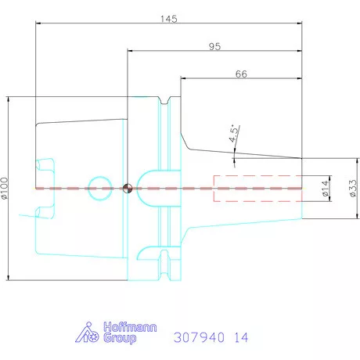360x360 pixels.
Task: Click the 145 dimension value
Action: pyautogui.click(x=169, y=19)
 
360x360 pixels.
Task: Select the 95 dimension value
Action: pyautogui.click(x=214, y=46)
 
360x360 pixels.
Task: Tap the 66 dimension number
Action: pyautogui.click(x=241, y=74)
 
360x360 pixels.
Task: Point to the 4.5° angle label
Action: pyautogui.click(x=235, y=134)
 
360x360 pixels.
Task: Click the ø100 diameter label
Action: pyautogui.click(x=5, y=188)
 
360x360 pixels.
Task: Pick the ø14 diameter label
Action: pyautogui.click(x=325, y=189)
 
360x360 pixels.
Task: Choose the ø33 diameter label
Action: pyautogui.click(x=353, y=188)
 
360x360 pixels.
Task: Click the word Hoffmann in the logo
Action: pyautogui.click(x=130, y=327)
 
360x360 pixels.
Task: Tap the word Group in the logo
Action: pyautogui.click(x=120, y=338)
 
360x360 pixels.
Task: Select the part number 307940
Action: pyautogui.click(x=199, y=337)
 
